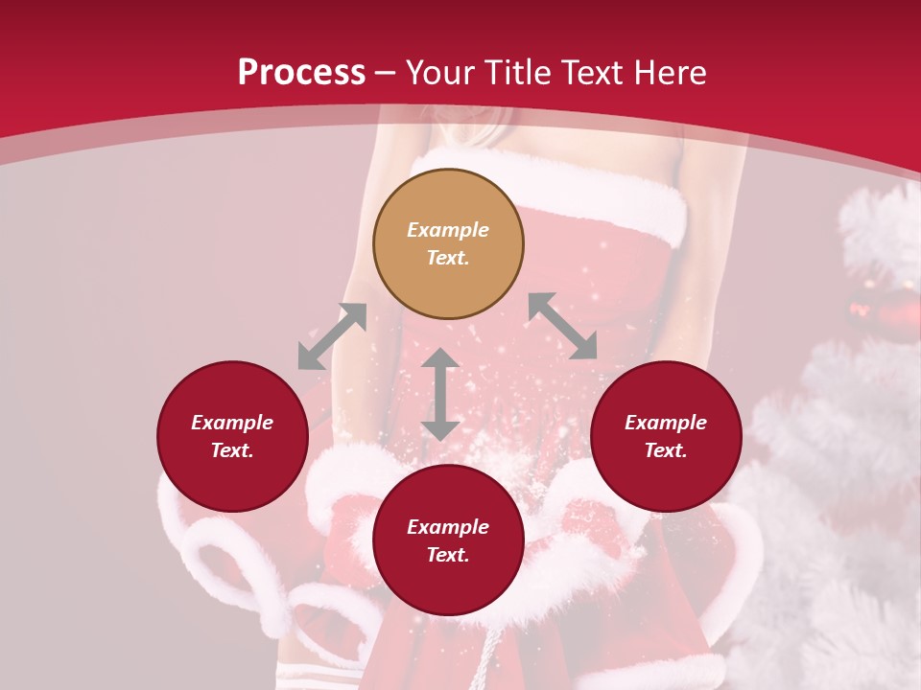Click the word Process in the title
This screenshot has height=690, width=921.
tap(301, 73)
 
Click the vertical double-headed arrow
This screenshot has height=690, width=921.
tap(439, 394)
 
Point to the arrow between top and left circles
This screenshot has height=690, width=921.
tap(332, 336)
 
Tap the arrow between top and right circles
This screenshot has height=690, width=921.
tap(562, 326)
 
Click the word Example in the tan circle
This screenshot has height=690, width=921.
tap(448, 230)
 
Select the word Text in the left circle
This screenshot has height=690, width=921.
tap(232, 450)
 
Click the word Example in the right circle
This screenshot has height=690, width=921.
tap(666, 423)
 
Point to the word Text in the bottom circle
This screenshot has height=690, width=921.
tap(448, 555)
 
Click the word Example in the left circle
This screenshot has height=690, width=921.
tap(232, 423)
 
